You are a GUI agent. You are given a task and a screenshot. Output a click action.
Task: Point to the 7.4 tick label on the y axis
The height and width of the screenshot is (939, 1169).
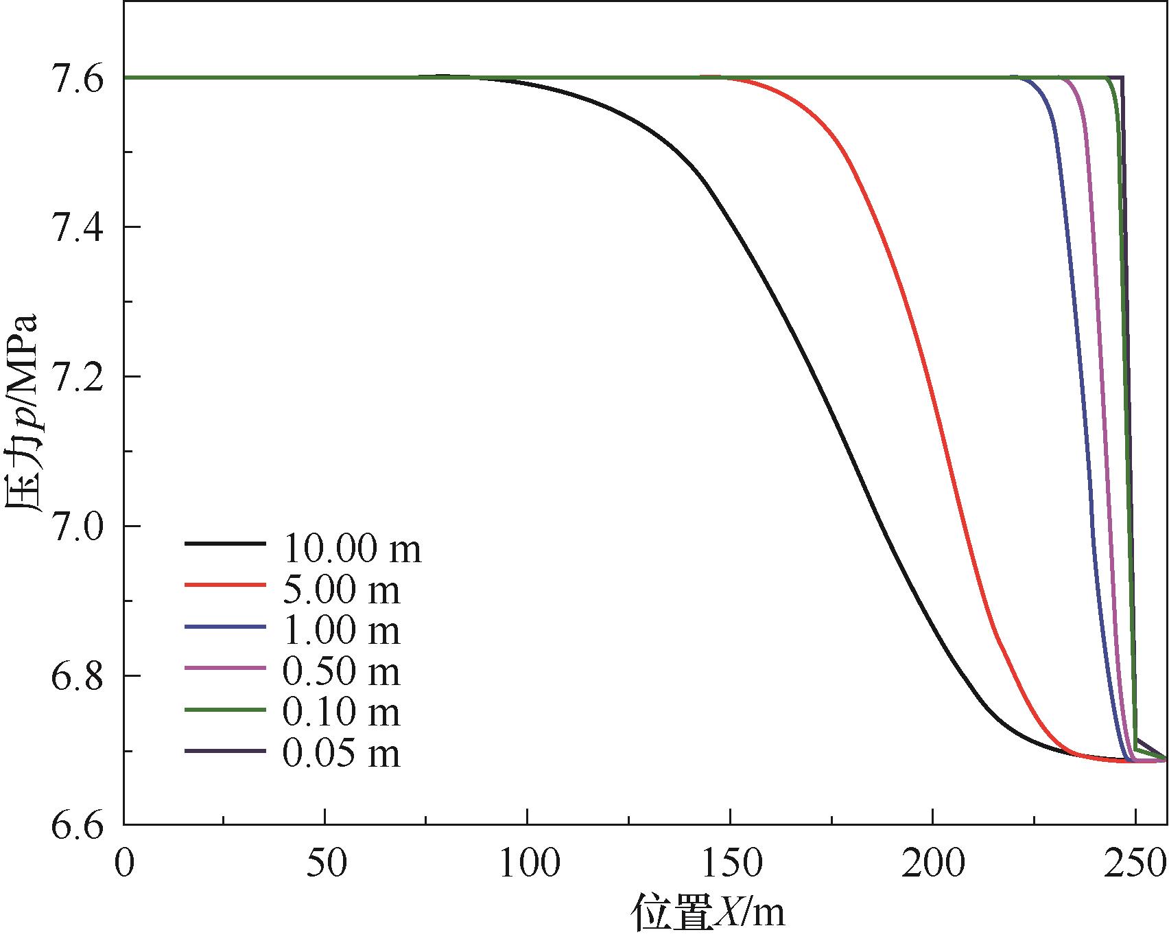click(77, 227)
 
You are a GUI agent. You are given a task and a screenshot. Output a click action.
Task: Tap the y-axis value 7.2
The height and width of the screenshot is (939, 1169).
click(77, 377)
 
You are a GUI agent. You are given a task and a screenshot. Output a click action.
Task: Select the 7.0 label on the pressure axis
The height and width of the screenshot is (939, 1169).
click(77, 526)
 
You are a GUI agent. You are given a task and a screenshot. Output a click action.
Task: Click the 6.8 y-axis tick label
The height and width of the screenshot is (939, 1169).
click(77, 676)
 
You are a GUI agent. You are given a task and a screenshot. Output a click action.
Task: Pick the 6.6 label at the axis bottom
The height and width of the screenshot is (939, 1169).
click(77, 824)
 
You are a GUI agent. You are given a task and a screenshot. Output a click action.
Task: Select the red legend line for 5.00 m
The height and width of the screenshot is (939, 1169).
click(224, 585)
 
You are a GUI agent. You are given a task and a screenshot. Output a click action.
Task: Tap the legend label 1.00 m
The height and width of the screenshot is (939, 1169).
click(341, 629)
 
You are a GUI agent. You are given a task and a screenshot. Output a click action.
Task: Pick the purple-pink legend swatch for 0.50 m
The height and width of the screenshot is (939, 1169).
click(224, 668)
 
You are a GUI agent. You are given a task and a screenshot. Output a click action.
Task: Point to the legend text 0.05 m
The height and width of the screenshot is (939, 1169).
click(341, 754)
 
